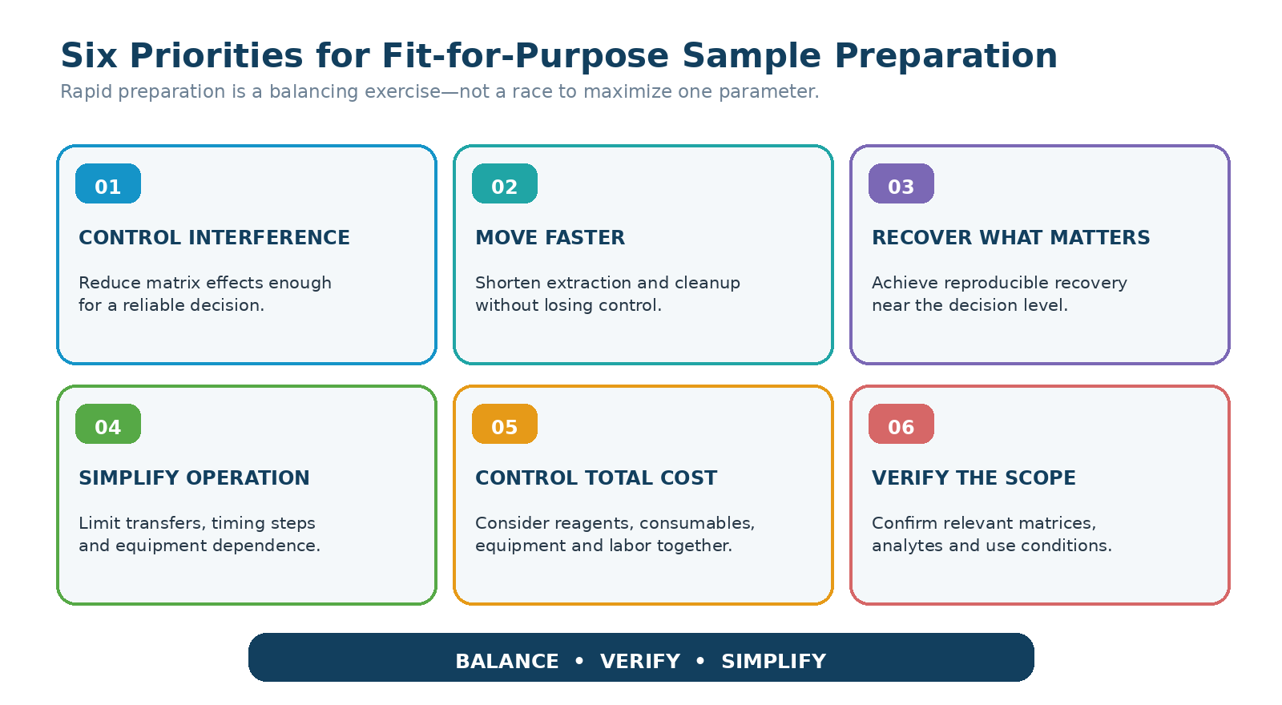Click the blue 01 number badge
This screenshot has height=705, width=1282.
(108, 183)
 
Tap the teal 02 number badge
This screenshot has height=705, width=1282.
(505, 183)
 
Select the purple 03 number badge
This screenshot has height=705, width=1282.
(901, 183)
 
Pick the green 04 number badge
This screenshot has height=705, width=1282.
(108, 424)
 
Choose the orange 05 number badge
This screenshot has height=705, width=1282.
(505, 424)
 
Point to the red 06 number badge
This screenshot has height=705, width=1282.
(901, 424)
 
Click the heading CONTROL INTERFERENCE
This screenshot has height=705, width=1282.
(214, 237)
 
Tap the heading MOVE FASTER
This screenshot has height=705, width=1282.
(550, 237)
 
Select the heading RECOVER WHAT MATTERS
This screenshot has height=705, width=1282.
(1010, 237)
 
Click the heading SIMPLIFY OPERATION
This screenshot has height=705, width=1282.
(194, 477)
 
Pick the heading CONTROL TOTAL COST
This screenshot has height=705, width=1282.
(596, 477)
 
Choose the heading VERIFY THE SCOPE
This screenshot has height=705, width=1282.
(974, 477)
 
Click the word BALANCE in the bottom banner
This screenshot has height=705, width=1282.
(507, 662)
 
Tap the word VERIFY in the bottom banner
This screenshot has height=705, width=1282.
(640, 662)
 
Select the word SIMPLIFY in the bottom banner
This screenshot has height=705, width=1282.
(774, 662)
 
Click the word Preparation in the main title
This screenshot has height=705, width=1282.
(945, 56)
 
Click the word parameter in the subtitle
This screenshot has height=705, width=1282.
(769, 91)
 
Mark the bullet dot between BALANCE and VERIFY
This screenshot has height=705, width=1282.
(579, 661)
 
